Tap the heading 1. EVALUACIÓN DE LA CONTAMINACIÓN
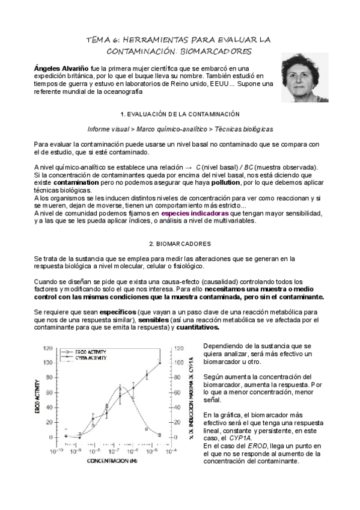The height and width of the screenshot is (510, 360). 180,114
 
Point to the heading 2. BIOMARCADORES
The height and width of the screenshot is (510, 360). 180,244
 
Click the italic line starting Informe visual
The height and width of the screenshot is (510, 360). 180,129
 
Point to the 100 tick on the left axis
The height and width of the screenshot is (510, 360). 47,362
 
